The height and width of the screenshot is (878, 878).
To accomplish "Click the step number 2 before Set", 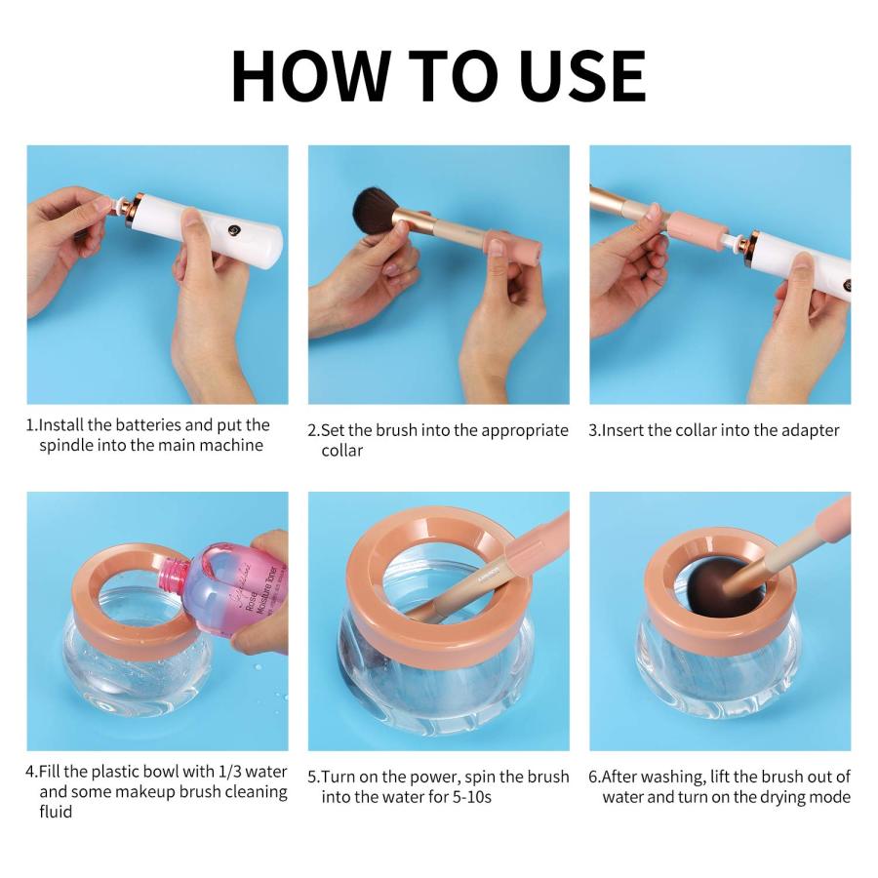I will point(313,430).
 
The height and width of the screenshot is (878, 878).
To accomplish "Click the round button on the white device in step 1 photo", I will point(236,231).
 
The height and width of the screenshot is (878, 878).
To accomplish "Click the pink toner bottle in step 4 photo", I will point(219,590).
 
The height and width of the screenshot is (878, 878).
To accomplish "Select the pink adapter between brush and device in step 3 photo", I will point(698,230).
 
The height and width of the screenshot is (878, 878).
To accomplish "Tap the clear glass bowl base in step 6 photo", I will point(717,673).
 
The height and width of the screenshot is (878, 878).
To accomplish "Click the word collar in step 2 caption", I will point(342,451).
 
